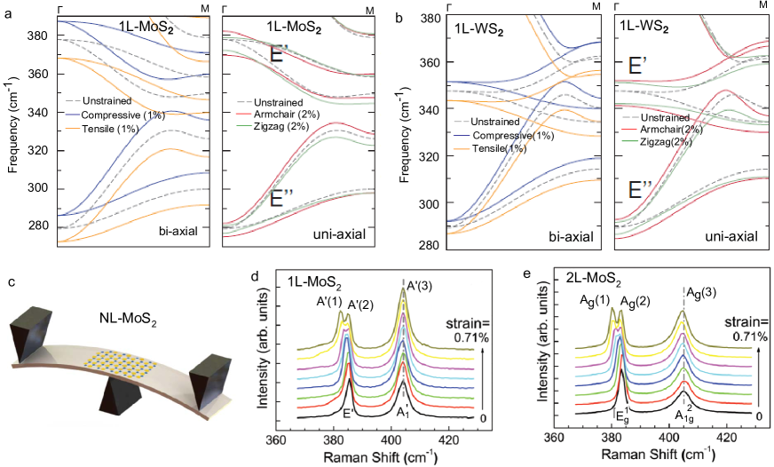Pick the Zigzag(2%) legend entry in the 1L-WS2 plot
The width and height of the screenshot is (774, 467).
point(658,143)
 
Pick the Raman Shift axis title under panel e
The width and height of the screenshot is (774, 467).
point(658,455)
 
